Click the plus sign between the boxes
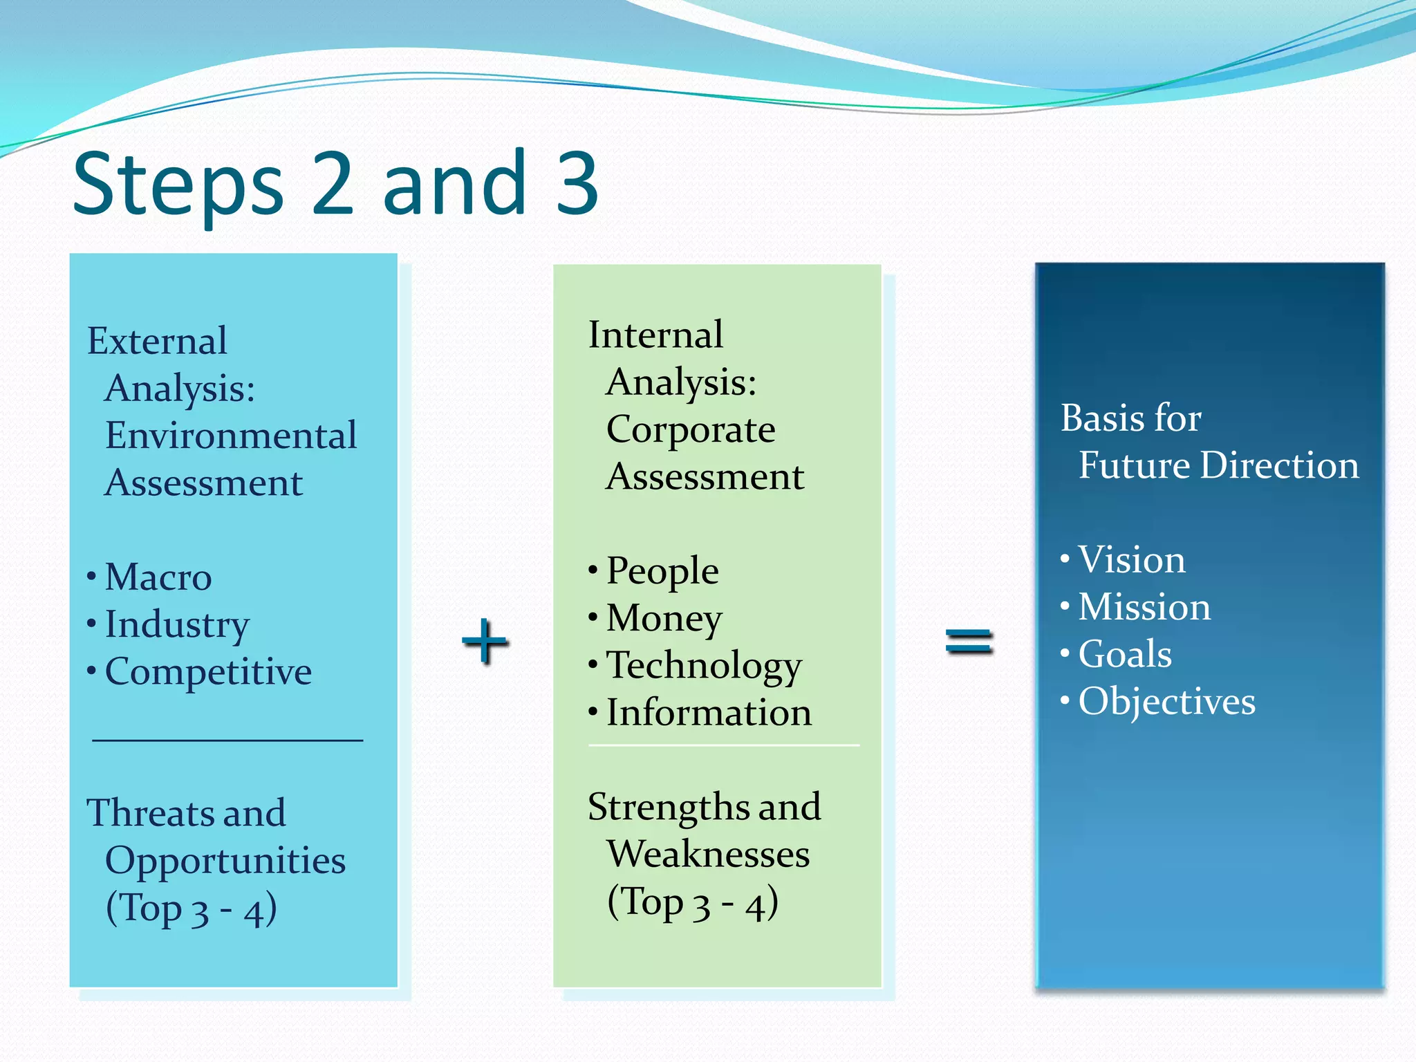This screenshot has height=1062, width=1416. tap(485, 641)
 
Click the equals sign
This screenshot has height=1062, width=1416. tap(969, 641)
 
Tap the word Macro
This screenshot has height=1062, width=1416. tap(158, 577)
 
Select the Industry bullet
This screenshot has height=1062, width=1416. tap(176, 625)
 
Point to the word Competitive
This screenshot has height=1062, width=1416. tap(208, 672)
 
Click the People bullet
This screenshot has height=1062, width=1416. tap(662, 572)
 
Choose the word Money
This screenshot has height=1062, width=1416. tap(664, 618)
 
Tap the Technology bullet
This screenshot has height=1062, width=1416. tap(703, 666)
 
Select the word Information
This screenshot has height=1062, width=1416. tap(709, 713)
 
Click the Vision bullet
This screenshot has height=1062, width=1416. tap(1131, 560)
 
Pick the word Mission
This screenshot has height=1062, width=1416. tap(1144, 607)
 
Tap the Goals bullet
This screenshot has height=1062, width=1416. tap(1125, 654)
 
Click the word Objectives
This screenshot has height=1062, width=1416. tap(1166, 702)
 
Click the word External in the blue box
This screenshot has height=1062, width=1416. tap(157, 341)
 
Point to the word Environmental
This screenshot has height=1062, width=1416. tap(231, 436)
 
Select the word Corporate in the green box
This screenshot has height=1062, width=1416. tap(690, 430)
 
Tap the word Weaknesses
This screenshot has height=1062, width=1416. tap(708, 855)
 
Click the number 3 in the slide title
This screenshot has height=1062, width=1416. tap(577, 183)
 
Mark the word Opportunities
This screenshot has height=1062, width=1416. tap(225, 861)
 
